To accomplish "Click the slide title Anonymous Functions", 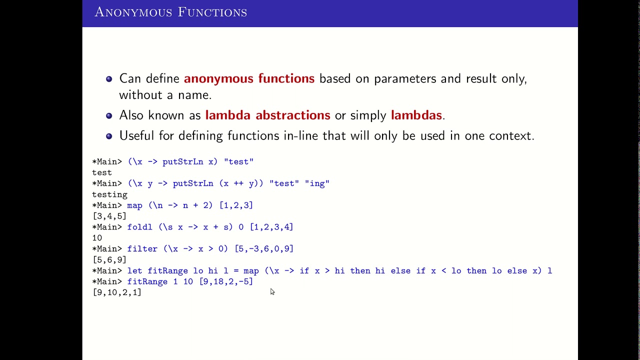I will click(x=170, y=12).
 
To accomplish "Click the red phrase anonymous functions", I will click(x=249, y=78).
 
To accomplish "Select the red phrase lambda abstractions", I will click(x=267, y=115).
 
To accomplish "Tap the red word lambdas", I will click(x=416, y=115).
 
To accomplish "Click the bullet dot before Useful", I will click(x=109, y=136).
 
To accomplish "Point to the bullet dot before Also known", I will click(x=109, y=115).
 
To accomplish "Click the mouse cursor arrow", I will click(x=272, y=291).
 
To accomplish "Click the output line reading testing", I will click(x=109, y=194).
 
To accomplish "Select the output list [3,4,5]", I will click(x=109, y=216).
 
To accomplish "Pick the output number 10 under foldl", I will click(x=97, y=238).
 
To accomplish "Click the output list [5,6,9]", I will click(x=109, y=260).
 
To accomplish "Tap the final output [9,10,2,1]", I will click(x=117, y=292).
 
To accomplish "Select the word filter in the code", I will click(x=142, y=249).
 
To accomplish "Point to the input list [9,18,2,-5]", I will click(x=226, y=281).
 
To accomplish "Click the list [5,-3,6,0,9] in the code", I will click(x=264, y=249).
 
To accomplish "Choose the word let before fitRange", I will click(x=134, y=270).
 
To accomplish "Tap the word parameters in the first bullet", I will click(x=405, y=78).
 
